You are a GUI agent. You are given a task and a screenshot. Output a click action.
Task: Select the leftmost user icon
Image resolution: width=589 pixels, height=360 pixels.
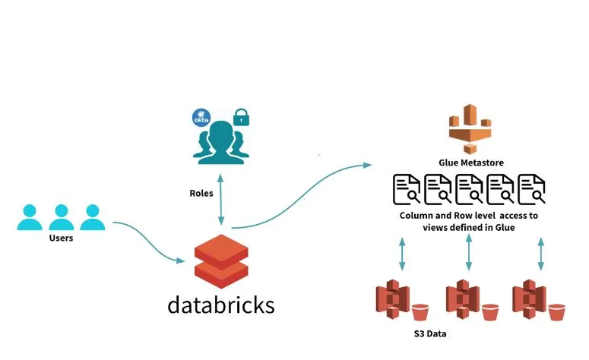tap(30, 217)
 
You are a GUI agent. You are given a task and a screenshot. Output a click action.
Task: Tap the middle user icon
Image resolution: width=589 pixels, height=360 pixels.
tap(60, 217)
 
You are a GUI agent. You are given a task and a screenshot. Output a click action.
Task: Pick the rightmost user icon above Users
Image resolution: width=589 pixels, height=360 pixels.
tap(91, 217)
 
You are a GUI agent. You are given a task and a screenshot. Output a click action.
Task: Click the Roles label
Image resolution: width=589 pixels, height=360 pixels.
tap(201, 193)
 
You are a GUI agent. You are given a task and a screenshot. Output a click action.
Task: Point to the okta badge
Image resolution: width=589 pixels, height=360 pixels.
tap(201, 119)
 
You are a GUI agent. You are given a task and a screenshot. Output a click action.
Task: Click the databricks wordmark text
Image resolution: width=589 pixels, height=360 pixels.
tap(221, 305)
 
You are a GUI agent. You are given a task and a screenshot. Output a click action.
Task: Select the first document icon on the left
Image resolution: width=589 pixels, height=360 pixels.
tap(407, 189)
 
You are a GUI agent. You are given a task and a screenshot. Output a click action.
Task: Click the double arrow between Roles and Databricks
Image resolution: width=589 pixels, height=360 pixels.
tap(221, 200)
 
